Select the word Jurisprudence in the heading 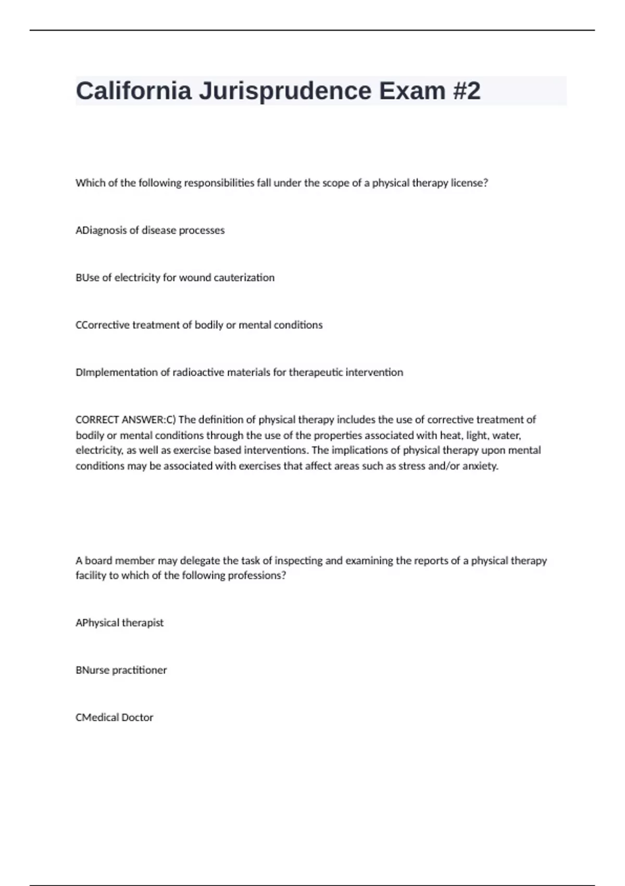(x=285, y=92)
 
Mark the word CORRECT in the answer (x=97, y=420)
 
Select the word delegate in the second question (x=200, y=561)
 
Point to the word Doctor (x=137, y=718)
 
